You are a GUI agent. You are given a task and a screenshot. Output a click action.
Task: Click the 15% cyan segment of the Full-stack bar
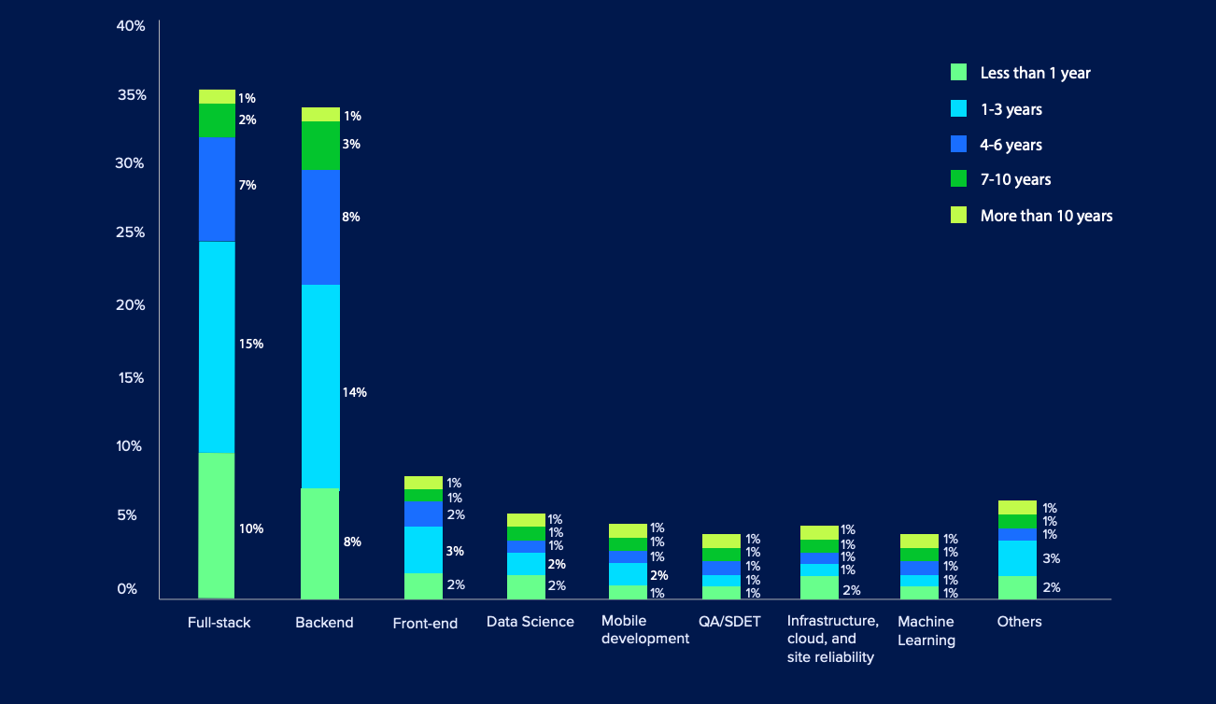217,346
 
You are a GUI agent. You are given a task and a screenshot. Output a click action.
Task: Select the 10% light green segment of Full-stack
217,525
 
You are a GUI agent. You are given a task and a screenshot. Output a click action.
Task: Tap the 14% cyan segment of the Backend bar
320,386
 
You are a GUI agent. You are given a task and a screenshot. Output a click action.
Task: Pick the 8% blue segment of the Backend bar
320,227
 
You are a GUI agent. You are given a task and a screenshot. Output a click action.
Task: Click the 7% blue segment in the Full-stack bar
217,189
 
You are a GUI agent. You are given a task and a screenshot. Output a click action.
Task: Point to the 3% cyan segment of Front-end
423,549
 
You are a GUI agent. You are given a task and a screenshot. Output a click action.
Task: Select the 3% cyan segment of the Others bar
1017,557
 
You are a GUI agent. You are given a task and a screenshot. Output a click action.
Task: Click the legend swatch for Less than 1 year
958,73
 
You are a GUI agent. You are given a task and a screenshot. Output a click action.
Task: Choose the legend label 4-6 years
1011,145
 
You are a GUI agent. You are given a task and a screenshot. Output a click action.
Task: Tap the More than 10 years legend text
1046,216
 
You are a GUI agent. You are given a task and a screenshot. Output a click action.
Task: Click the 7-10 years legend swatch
958,179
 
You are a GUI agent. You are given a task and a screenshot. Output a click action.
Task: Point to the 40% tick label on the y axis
131,26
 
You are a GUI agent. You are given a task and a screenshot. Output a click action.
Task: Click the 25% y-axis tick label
131,232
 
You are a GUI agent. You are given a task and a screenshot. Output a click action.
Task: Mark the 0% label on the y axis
128,589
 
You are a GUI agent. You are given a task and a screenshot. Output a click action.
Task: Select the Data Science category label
530,622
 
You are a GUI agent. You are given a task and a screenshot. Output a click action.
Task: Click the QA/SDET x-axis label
729,622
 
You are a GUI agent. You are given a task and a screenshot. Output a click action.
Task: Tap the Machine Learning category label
926,631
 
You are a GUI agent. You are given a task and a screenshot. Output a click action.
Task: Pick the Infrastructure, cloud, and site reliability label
832,639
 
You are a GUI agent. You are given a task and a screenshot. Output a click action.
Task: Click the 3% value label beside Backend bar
351,145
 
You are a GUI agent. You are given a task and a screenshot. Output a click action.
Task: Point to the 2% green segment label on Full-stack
247,120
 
